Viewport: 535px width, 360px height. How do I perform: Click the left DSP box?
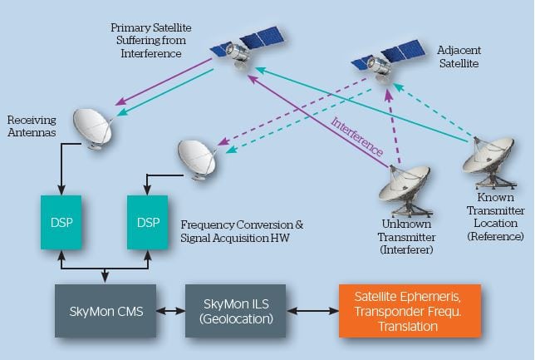61,222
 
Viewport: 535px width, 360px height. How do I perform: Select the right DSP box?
147,222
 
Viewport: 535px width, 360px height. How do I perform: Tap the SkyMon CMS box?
106,311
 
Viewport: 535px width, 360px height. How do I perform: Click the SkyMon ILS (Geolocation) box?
235,311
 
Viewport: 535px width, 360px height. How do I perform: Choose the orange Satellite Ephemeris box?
410,311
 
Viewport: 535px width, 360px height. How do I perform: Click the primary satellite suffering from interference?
247,47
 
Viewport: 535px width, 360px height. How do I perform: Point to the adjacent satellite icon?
388,61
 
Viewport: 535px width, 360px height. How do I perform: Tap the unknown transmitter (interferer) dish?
405,190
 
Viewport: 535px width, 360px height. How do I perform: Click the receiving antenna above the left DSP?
93,128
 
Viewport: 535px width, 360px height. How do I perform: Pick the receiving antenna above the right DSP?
197,160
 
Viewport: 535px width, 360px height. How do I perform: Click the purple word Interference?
357,136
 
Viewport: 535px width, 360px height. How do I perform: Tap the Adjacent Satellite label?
459,57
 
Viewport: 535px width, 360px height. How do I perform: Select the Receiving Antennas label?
32,126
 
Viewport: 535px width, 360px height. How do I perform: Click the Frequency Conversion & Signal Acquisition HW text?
242,231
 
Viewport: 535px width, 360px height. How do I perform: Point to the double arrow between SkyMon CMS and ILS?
170,311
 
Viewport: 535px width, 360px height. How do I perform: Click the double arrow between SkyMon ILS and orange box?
312,311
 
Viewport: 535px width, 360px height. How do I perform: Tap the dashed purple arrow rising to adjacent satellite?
393,126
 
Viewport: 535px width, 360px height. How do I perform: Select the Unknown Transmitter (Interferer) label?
406,237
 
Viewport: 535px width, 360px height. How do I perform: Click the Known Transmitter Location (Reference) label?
495,217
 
